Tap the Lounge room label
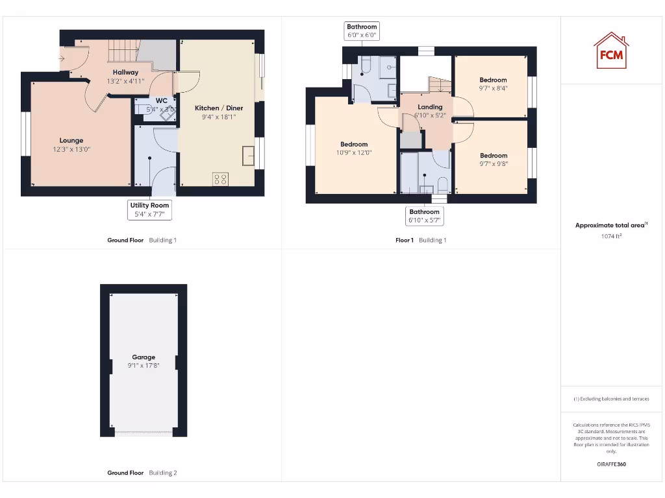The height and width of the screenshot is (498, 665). [71, 141]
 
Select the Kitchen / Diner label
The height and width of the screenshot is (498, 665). [219, 108]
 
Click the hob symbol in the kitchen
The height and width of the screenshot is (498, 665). [220, 179]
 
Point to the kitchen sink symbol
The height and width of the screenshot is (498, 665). [247, 156]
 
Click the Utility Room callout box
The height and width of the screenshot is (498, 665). [150, 209]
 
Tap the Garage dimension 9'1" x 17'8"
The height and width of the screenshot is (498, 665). [144, 366]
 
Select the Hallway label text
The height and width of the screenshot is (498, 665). [125, 72]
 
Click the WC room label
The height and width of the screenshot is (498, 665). [161, 101]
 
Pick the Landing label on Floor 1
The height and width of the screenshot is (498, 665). [430, 107]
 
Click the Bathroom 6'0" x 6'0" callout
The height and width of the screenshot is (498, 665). [362, 31]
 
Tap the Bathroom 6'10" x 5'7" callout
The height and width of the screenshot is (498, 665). [424, 216]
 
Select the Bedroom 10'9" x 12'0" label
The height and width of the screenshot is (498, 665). [354, 145]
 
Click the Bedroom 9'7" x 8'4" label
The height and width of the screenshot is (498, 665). [493, 80]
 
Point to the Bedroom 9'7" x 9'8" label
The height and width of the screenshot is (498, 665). [494, 156]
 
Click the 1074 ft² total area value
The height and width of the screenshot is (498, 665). [611, 237]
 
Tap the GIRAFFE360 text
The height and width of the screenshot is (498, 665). [611, 464]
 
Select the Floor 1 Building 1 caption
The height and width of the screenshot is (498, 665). [421, 241]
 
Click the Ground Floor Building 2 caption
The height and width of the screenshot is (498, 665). [142, 473]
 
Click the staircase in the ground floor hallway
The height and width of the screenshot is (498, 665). [123, 51]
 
